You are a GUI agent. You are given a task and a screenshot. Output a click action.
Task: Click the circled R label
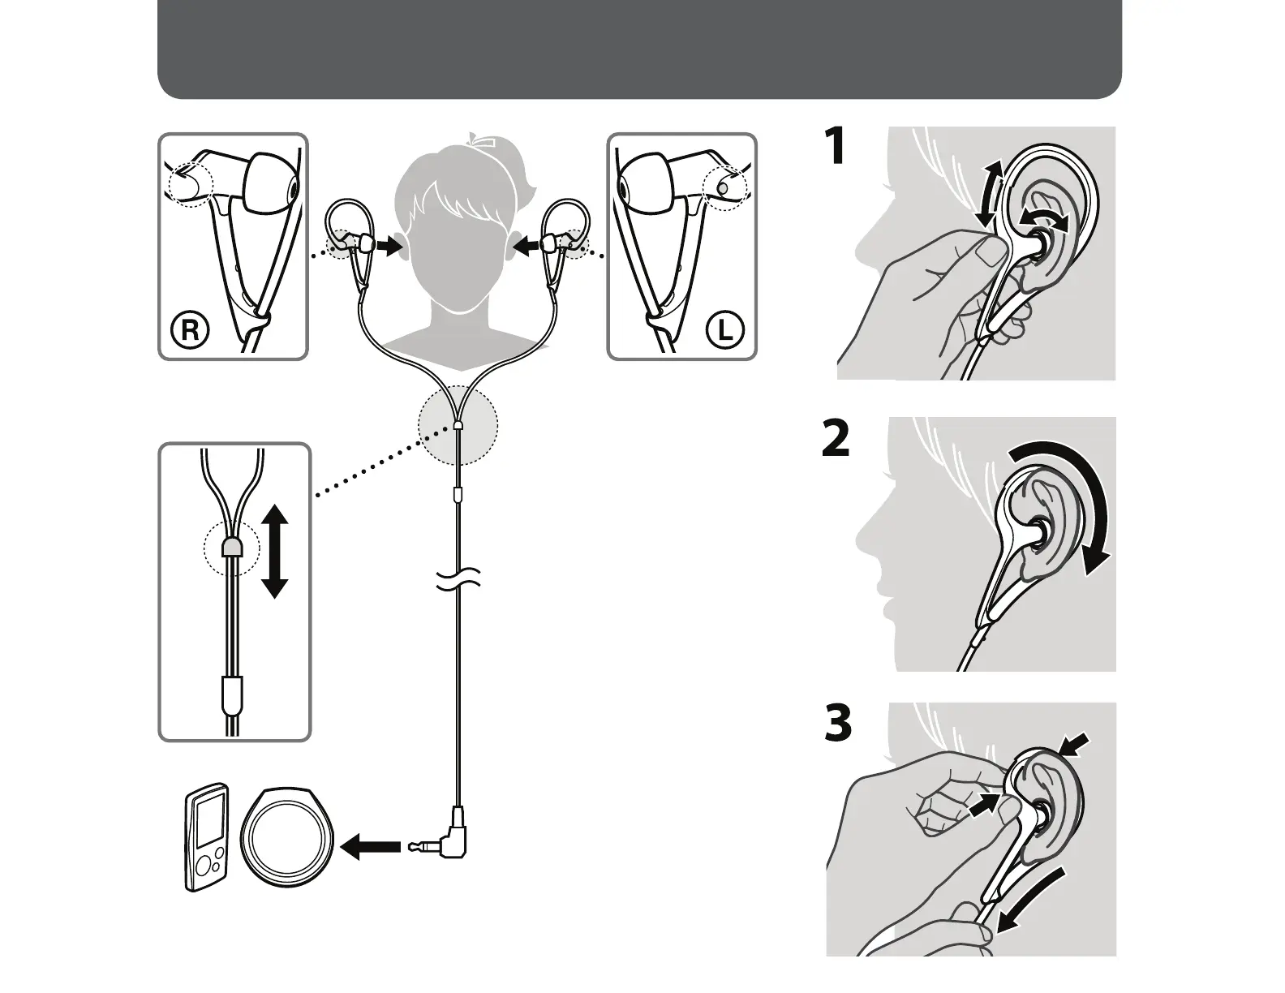(x=190, y=330)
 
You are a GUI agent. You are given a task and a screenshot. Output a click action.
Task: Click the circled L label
(x=724, y=330)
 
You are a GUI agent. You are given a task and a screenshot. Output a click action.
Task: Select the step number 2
(x=836, y=439)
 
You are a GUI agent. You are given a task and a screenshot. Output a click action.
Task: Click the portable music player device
(x=204, y=838)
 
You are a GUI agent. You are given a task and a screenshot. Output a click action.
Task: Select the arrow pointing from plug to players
(x=371, y=847)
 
